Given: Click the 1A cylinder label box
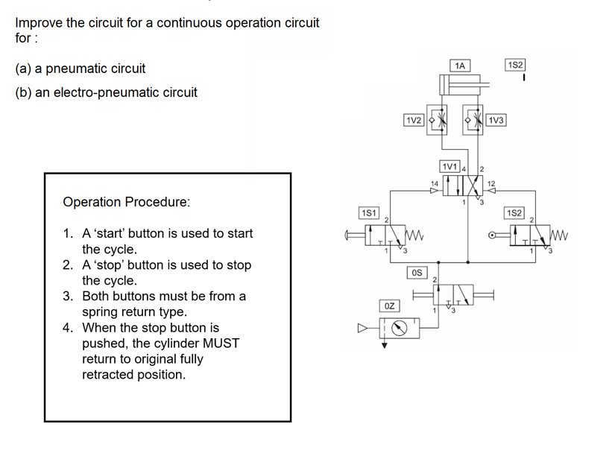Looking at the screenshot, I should (460, 66).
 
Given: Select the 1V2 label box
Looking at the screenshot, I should (414, 120).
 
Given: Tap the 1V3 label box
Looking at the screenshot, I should (496, 120).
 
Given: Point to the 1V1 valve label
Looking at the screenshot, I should (450, 165).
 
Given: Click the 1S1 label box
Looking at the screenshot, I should (369, 213).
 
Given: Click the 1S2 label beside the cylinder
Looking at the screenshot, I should (515, 66).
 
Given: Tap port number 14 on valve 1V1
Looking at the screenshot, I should (435, 182).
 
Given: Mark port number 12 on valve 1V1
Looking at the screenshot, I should (491, 182).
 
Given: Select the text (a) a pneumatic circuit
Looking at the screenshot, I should (81, 69).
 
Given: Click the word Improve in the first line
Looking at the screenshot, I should (38, 22).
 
